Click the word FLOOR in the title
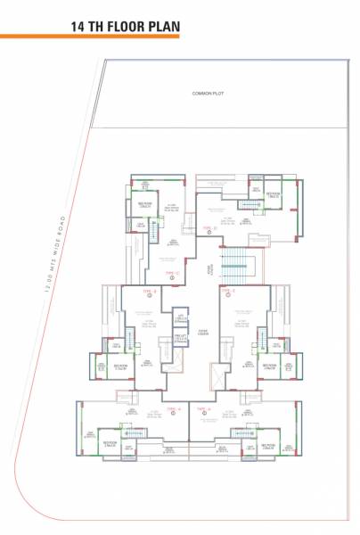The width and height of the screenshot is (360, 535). coord(129,27)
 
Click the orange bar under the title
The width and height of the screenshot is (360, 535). coord(89,38)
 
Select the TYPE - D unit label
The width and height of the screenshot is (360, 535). coord(210,229)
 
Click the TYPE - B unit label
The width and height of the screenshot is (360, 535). coord(150,291)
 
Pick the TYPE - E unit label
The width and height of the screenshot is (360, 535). coord(227,291)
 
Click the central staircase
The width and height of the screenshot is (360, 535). coord(236,266)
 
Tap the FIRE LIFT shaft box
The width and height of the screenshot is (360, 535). coord(180,339)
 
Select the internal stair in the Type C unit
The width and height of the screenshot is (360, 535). coord(152,234)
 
